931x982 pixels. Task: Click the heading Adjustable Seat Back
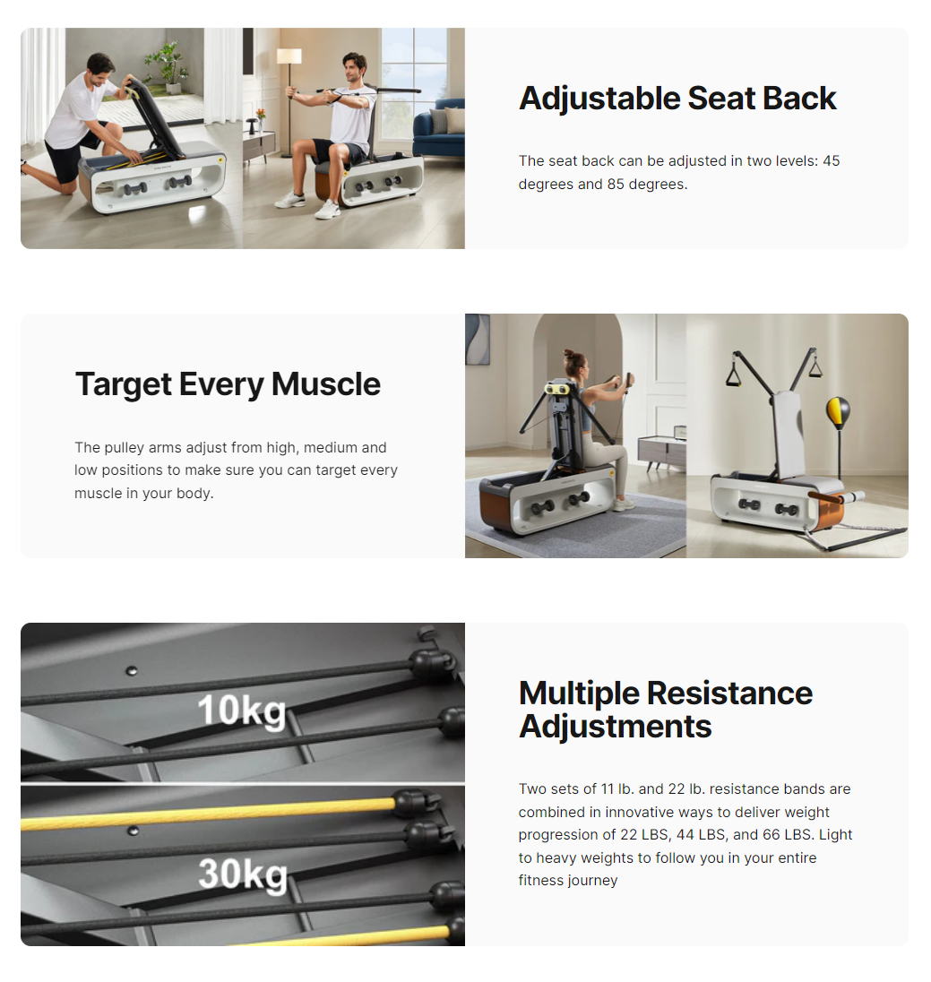[677, 99]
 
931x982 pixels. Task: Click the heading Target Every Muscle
[228, 383]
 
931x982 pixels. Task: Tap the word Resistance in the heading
[729, 693]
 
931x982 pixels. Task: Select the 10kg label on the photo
[242, 711]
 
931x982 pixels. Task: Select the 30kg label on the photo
[243, 874]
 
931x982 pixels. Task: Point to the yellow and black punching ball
[839, 412]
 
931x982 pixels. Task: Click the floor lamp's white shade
[289, 56]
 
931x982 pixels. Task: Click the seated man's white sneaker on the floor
[327, 209]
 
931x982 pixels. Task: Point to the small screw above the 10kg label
[132, 671]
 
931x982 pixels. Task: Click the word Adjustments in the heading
[616, 727]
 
